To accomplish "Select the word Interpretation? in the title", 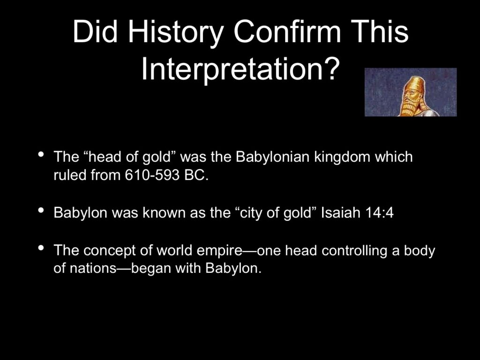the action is coord(240,69).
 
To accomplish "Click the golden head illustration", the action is coord(411,92).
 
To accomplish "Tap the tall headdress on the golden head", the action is coord(414,83).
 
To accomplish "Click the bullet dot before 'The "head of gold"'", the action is coord(41,154).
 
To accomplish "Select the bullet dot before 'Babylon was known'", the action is coord(41,210).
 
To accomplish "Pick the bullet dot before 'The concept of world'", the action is coord(41,247).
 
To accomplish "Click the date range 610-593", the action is coord(152,175).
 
